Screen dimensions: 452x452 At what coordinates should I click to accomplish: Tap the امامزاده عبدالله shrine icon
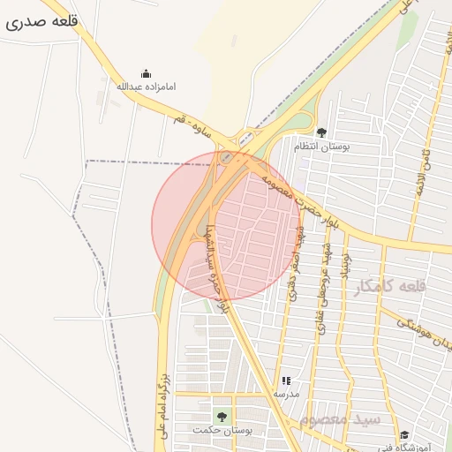(147, 73)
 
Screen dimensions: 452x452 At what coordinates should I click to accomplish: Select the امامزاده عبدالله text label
(147, 87)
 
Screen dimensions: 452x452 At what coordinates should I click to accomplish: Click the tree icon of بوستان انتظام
(320, 132)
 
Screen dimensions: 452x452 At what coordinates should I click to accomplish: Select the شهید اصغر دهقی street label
(292, 261)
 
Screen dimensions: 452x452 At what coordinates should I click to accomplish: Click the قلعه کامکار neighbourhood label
(389, 287)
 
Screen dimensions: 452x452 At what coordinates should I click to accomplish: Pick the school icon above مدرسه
(285, 380)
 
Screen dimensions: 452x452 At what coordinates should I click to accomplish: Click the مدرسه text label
(286, 393)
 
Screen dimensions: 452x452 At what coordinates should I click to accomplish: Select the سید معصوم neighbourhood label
(339, 418)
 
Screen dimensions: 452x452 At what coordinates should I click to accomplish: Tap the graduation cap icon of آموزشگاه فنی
(404, 434)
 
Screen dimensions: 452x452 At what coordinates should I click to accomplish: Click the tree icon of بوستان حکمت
(221, 416)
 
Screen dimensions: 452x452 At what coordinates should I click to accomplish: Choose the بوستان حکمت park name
(223, 430)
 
